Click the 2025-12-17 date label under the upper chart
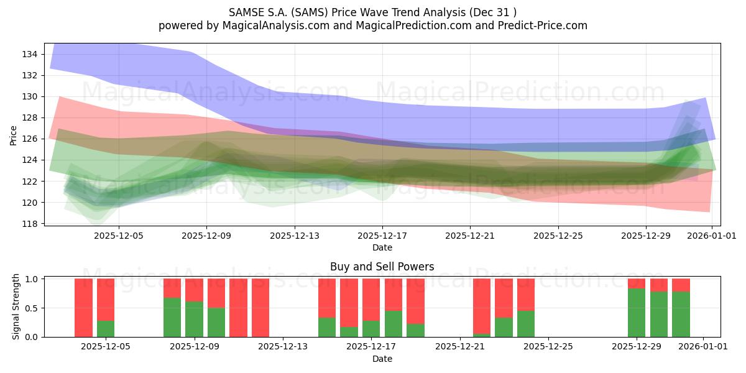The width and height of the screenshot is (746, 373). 382,236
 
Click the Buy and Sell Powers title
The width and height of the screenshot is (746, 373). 382,267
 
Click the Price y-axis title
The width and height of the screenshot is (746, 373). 14,135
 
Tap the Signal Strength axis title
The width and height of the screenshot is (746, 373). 16,306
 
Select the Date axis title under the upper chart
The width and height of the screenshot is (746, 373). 382,247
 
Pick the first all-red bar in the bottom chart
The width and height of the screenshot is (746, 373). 83,308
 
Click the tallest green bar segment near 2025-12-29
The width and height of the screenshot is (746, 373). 637,313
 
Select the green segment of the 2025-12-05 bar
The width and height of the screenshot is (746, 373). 106,329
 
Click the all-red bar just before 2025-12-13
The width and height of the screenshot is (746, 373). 260,308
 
